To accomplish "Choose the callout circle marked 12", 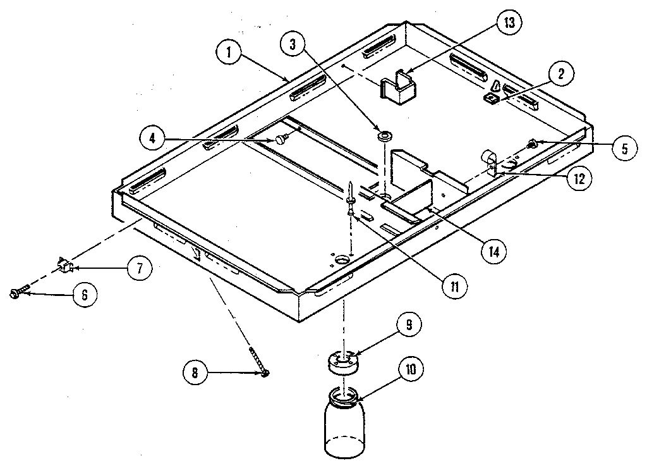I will point(578,178).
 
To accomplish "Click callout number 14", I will point(493,251).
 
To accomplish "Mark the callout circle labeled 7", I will point(138,268).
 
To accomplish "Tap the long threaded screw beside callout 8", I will point(259,362).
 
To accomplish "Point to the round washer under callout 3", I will point(383,136).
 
